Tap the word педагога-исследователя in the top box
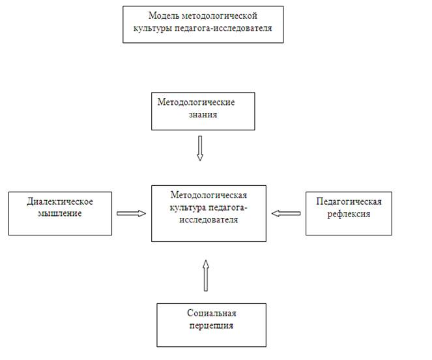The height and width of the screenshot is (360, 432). point(223,29)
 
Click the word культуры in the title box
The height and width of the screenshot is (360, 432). point(153,29)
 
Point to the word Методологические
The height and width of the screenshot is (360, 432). point(196,102)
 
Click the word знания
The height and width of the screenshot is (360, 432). point(203,115)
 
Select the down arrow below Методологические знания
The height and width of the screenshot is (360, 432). point(200,148)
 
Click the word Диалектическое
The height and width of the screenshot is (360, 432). point(60,202)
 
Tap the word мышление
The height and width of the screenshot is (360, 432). point(60,213)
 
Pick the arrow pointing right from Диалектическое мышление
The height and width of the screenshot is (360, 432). point(131,213)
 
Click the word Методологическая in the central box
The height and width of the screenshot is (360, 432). point(209,195)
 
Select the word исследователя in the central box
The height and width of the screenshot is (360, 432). point(209,220)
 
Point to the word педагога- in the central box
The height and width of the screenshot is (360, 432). point(227,208)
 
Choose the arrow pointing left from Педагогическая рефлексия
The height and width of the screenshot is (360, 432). point(286,213)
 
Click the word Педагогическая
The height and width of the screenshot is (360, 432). point(349,202)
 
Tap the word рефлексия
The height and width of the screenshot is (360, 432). point(349,214)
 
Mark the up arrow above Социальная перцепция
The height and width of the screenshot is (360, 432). point(206,276)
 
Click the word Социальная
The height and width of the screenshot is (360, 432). point(212,313)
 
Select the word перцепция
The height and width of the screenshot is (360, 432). point(211,325)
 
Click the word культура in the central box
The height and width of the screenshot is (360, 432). point(188,208)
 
